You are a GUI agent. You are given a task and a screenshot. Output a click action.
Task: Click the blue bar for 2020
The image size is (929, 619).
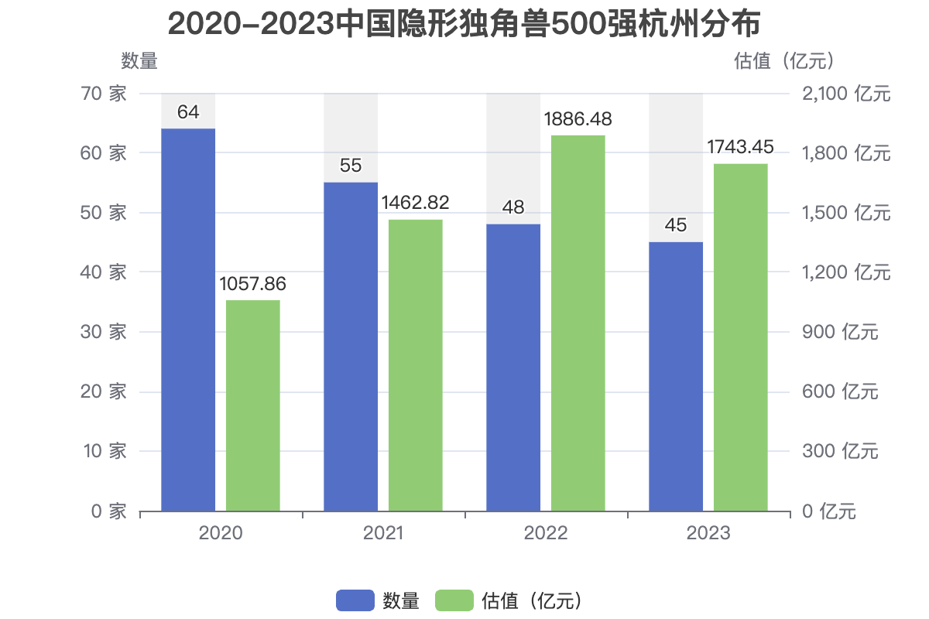click(188, 319)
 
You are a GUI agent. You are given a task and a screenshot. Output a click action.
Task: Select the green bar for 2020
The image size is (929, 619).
click(253, 405)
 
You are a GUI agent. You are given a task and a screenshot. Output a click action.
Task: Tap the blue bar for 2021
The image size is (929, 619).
click(351, 346)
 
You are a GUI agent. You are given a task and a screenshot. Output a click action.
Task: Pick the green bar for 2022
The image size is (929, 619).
click(578, 323)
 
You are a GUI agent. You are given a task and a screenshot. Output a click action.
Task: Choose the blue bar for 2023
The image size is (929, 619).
click(676, 376)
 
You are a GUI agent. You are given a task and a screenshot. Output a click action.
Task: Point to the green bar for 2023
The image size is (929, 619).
click(741, 337)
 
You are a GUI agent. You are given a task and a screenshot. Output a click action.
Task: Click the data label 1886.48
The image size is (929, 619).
click(578, 120)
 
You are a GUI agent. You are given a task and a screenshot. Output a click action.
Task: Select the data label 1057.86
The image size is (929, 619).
click(253, 284)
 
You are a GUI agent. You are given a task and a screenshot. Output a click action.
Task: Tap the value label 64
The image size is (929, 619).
click(188, 112)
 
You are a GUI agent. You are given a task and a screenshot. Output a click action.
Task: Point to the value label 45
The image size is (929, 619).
click(676, 226)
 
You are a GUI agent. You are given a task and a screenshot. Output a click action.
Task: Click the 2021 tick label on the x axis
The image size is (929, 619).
click(383, 533)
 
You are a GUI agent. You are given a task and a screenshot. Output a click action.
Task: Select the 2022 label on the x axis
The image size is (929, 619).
click(546, 533)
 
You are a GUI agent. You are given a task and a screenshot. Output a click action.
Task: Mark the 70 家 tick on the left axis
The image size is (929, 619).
click(104, 94)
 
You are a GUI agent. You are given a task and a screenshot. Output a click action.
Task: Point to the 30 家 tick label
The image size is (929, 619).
click(104, 332)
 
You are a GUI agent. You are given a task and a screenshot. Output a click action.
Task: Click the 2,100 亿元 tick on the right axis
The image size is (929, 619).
click(845, 94)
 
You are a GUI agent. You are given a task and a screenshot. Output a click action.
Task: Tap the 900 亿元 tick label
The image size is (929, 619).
click(839, 332)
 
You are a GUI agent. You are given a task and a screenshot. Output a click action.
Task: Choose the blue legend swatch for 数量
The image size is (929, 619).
click(355, 600)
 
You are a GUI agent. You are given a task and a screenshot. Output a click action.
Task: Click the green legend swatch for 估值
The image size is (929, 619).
click(454, 600)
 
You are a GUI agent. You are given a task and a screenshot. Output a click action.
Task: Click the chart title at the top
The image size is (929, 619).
click(464, 25)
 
